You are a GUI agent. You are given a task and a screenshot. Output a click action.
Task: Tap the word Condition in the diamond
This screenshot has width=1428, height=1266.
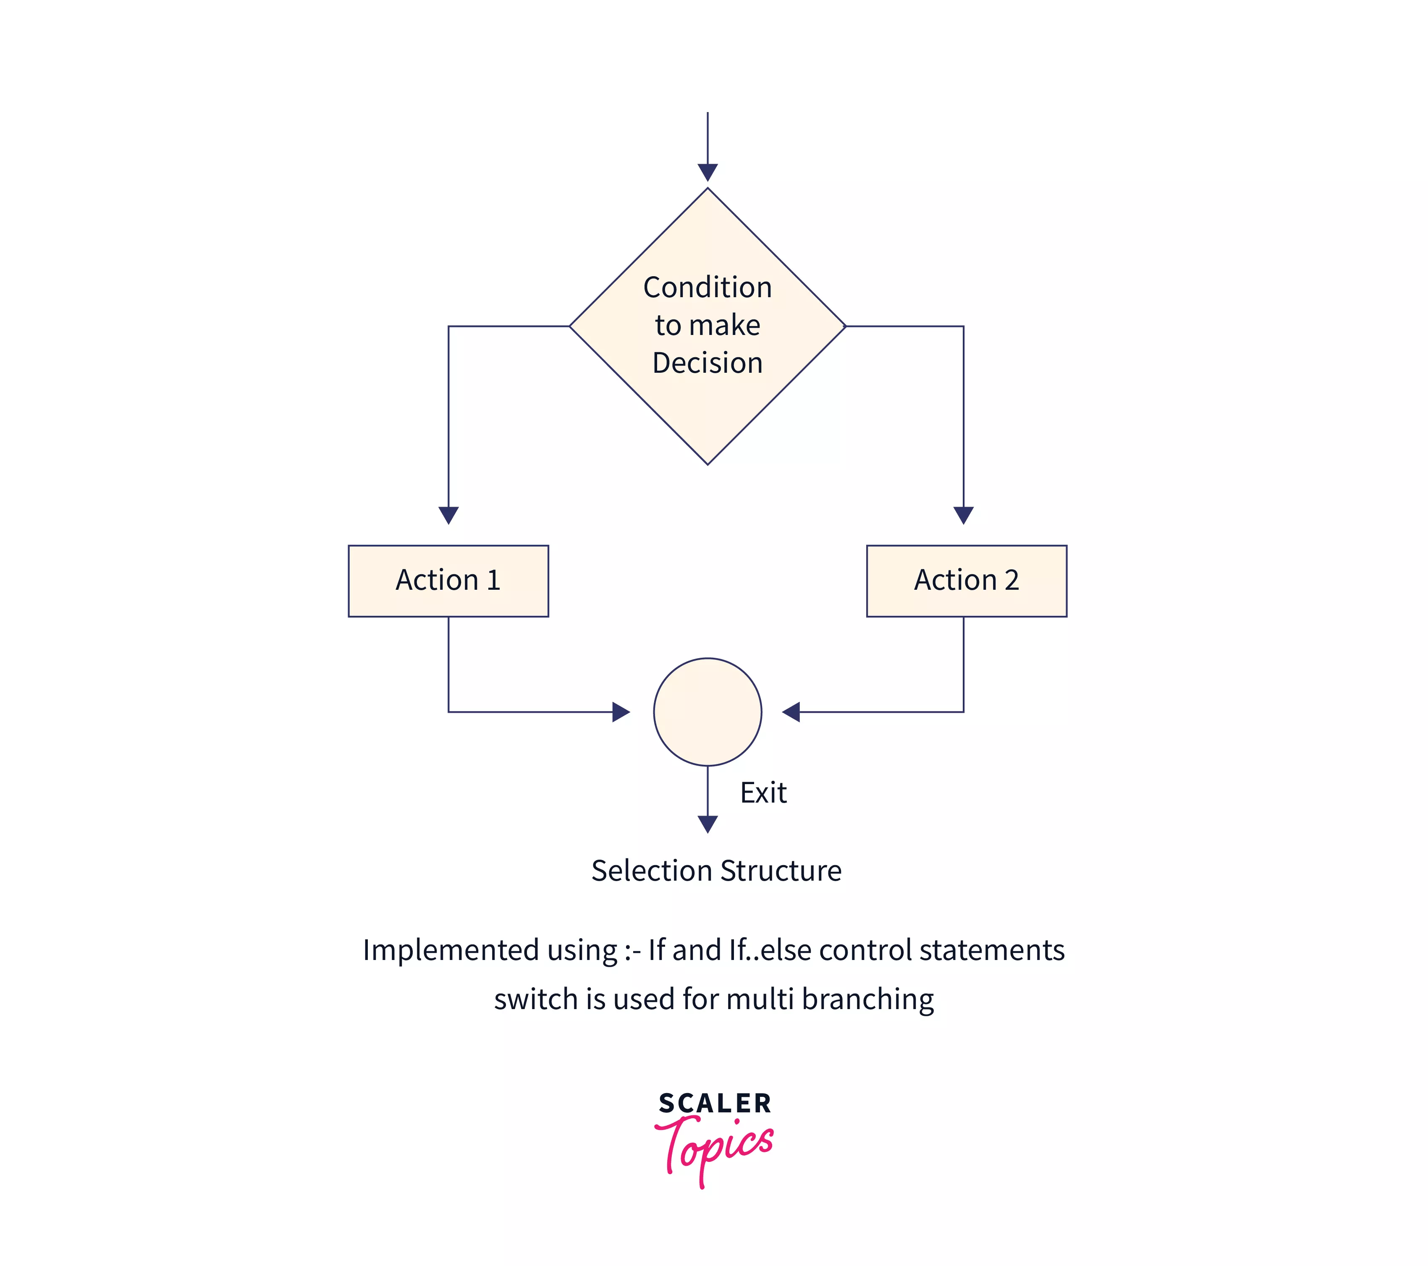[707, 288]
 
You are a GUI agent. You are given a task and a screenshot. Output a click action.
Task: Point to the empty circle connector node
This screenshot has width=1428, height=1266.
[707, 711]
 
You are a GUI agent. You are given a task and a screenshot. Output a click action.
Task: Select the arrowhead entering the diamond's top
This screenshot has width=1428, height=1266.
[707, 172]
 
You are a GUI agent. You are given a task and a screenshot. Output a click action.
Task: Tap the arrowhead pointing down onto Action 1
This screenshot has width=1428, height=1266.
[448, 515]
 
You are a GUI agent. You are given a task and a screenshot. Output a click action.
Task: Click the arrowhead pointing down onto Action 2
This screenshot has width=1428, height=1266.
[964, 515]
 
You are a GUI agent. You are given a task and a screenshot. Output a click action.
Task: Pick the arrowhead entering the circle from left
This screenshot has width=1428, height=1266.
[621, 711]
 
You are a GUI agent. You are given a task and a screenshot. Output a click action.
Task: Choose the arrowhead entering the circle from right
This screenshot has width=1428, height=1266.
[791, 711]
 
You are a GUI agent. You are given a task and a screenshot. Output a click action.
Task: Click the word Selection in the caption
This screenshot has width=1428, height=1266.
[651, 871]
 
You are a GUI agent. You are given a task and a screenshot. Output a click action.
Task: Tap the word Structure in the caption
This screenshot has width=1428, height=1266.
[781, 871]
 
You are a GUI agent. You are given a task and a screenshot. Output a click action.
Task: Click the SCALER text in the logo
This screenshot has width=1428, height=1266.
[715, 1103]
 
